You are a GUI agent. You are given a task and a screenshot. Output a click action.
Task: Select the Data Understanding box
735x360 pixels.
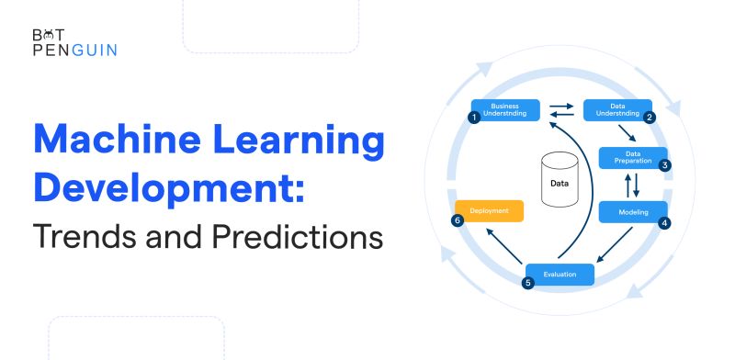[618, 110]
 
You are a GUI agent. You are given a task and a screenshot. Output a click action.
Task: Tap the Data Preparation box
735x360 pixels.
[632, 157]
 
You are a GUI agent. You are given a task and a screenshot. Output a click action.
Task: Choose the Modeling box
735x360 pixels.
[633, 212]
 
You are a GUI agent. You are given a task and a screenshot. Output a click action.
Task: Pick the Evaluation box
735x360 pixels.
[560, 274]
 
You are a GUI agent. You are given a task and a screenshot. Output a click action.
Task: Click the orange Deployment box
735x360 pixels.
[490, 211]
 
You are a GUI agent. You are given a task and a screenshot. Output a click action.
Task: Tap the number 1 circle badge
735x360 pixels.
[473, 118]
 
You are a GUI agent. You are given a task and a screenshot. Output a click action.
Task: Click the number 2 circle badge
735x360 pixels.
[649, 118]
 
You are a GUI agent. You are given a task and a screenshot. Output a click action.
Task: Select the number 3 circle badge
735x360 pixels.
[664, 165]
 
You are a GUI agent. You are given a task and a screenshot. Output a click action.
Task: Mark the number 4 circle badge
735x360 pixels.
[664, 221]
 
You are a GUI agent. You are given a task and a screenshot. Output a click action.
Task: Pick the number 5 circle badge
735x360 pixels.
[527, 283]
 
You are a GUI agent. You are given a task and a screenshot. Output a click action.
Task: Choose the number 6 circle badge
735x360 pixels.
[458, 220]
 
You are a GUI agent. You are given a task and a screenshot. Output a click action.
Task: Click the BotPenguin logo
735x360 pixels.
[73, 42]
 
